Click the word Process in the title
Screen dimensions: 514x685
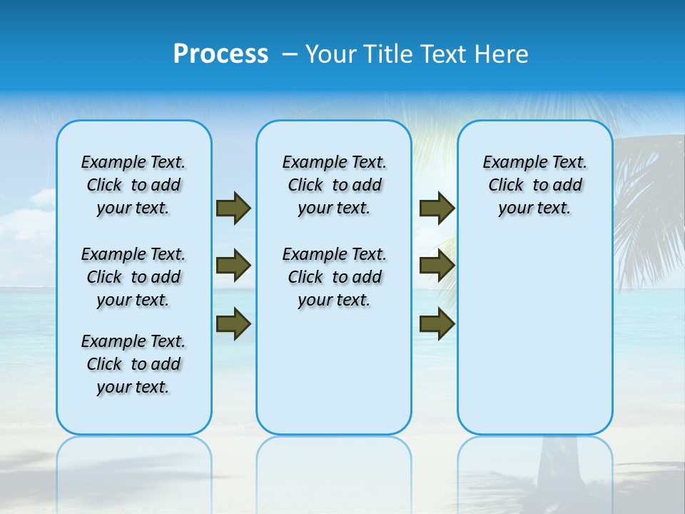pos(220,54)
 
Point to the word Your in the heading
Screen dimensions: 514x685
pos(332,54)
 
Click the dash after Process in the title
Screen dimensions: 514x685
pos(289,54)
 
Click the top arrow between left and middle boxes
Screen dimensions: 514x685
pos(233,208)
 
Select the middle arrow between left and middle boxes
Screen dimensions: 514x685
pos(233,266)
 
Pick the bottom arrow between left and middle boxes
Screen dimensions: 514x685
pos(233,323)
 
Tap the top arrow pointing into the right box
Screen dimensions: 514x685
pos(437,208)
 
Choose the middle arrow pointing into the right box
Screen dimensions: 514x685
pos(437,266)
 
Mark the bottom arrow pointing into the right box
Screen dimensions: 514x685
pos(437,323)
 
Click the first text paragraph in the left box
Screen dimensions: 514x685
pos(133,185)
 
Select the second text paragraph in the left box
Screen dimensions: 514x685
pos(133,277)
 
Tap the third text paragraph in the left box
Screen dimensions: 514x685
pos(133,364)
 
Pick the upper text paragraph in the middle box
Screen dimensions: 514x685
pos(334,185)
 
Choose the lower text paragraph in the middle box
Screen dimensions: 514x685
pos(334,277)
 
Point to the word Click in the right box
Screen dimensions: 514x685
pos(506,186)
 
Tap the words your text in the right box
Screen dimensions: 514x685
pos(534,208)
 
